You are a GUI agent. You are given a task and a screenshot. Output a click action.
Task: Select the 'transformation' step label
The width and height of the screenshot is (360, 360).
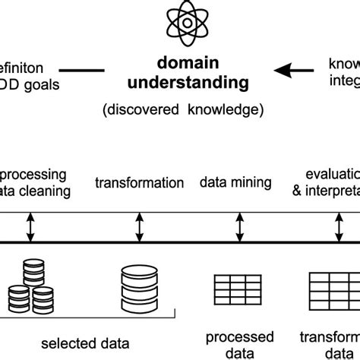pyautogui.click(x=139, y=183)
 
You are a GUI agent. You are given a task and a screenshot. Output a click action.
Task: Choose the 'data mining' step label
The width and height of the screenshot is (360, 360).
pyautogui.click(x=235, y=182)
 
